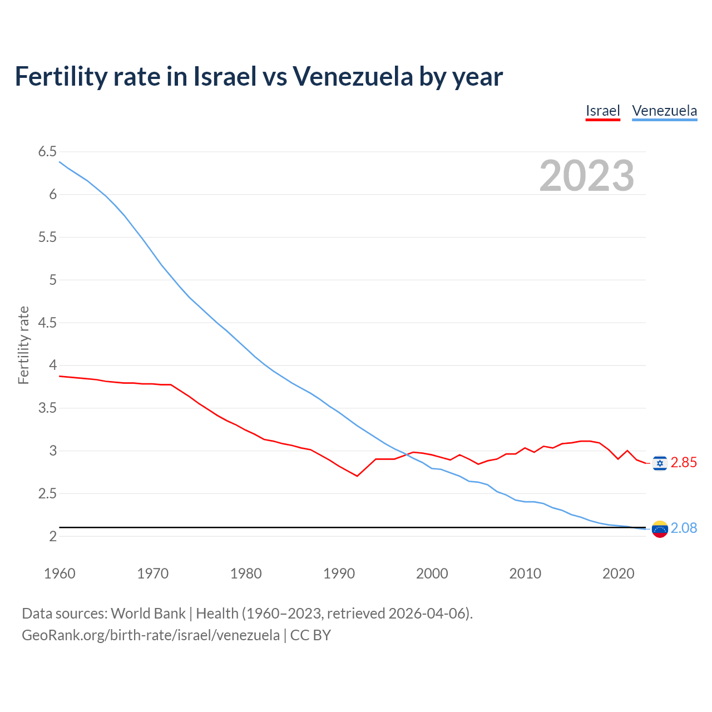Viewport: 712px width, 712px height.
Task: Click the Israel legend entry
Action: click(602, 111)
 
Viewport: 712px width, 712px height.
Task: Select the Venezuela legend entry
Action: click(664, 111)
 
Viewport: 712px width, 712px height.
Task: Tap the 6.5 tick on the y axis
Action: click(47, 152)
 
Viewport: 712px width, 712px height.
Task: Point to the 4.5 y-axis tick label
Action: click(47, 323)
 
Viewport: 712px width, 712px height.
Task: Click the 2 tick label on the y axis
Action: click(53, 536)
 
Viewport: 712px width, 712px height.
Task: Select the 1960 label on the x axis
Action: click(60, 573)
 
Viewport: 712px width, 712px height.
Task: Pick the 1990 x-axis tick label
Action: click(339, 573)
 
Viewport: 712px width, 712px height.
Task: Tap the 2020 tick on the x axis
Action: click(618, 573)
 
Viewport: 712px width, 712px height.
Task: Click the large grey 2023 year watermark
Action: click(586, 176)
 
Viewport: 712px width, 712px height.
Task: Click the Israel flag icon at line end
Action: click(660, 463)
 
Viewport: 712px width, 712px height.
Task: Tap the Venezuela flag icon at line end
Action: click(660, 529)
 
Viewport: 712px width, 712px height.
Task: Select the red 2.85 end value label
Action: click(684, 463)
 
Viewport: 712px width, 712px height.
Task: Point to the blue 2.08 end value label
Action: click(684, 528)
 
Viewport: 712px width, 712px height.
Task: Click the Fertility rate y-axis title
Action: click(23, 345)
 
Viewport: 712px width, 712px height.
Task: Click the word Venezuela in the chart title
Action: click(353, 76)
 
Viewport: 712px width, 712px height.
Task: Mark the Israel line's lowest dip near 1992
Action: click(357, 476)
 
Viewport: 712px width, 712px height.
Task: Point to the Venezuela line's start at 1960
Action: click(60, 162)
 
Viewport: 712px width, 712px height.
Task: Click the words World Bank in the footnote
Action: click(148, 614)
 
